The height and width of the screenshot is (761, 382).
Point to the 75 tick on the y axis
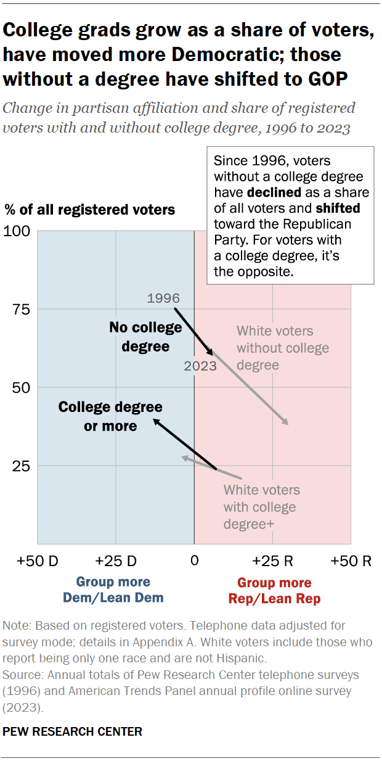coord(22,310)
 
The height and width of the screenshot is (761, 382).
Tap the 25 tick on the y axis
coord(22,466)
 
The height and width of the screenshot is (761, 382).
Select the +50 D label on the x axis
coord(38,561)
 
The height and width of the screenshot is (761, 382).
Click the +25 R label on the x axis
coord(272,561)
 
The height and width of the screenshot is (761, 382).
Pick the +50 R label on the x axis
coord(351,561)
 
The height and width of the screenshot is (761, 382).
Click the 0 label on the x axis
coord(194,561)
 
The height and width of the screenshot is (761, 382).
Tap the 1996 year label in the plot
coord(163,298)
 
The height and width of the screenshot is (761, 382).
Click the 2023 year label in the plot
coord(200,366)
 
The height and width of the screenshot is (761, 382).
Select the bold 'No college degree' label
coord(145,337)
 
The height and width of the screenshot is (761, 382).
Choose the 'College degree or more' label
coord(110,416)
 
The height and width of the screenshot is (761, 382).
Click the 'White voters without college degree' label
coord(283,348)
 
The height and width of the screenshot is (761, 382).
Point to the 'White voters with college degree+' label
coord(261,507)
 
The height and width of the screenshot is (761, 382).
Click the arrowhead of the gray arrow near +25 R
coord(286,422)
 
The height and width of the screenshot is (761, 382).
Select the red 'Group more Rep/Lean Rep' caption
coord(274,590)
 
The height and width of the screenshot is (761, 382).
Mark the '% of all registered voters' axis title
coord(90,210)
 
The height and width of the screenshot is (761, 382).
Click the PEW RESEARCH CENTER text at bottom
coord(73,731)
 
